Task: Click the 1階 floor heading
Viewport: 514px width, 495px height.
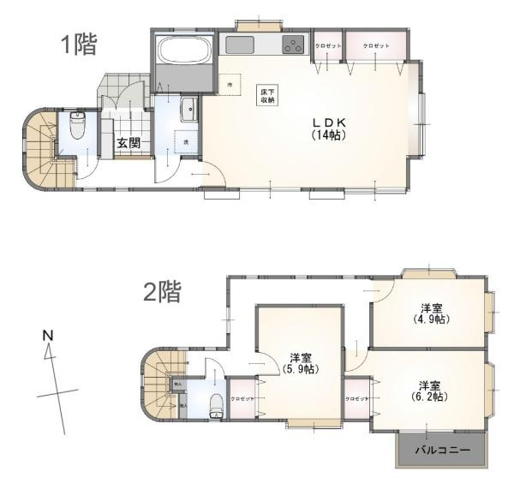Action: click(x=79, y=45)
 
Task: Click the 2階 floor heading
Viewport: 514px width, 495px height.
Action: click(x=162, y=292)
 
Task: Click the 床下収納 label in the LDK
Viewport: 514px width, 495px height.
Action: click(x=268, y=95)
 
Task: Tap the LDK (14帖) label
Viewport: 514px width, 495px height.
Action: click(x=328, y=129)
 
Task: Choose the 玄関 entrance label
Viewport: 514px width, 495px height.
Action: click(x=129, y=143)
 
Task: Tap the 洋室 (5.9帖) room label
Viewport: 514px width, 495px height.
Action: click(x=301, y=363)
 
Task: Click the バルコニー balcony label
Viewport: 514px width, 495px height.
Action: click(x=442, y=450)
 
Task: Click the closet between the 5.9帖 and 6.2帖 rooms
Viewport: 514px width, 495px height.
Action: click(x=357, y=399)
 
